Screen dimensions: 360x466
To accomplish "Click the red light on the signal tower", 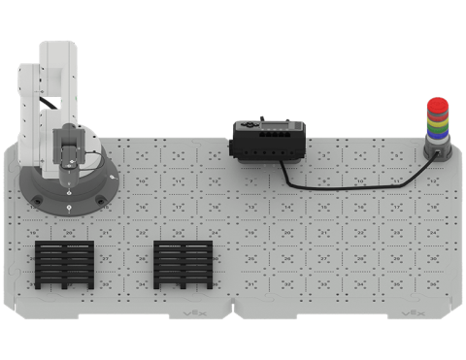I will (x=439, y=104).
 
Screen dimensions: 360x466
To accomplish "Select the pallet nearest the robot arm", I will (x=64, y=264).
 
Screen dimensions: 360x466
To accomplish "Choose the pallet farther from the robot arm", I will (x=183, y=264).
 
